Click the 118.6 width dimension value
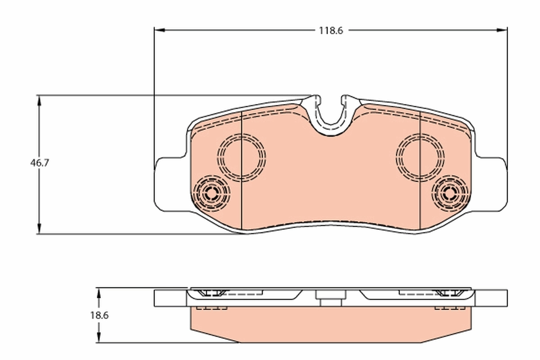(x=331, y=31)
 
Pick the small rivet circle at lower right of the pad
(x=448, y=193)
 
